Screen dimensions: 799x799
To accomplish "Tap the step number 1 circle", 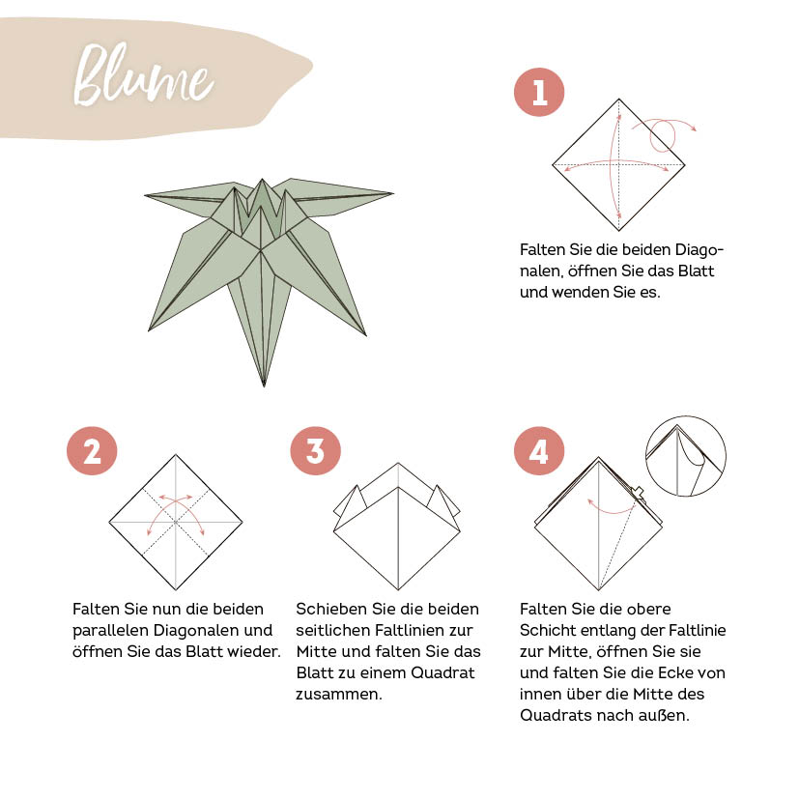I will coord(539,93).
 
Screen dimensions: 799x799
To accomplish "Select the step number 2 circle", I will coord(92,450).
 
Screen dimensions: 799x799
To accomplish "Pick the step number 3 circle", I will coord(316,450).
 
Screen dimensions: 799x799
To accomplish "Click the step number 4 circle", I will coord(539,450).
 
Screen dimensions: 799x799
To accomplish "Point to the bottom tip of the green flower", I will coord(264,385).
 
